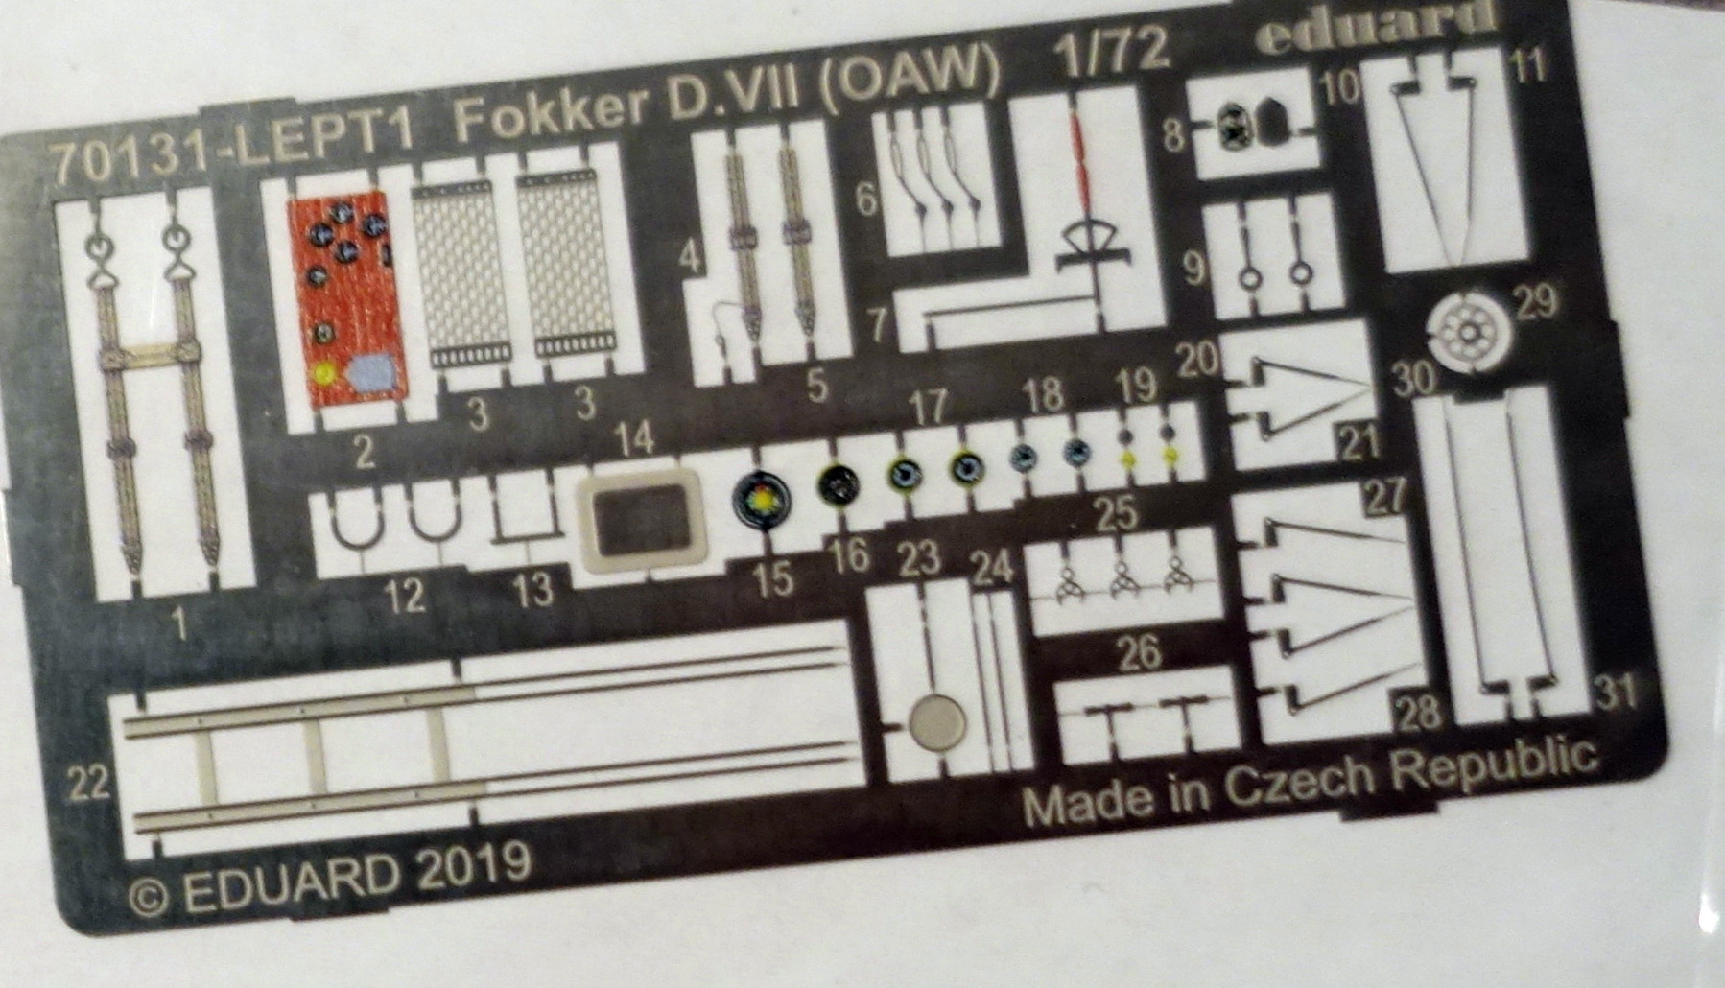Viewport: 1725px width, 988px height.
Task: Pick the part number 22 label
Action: click(x=90, y=787)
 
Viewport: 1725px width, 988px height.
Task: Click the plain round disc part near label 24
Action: click(x=936, y=721)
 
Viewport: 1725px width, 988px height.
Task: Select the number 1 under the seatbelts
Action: click(x=178, y=627)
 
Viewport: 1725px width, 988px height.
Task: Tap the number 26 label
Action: click(x=1139, y=654)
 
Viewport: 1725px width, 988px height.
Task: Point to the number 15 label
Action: click(x=773, y=578)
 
